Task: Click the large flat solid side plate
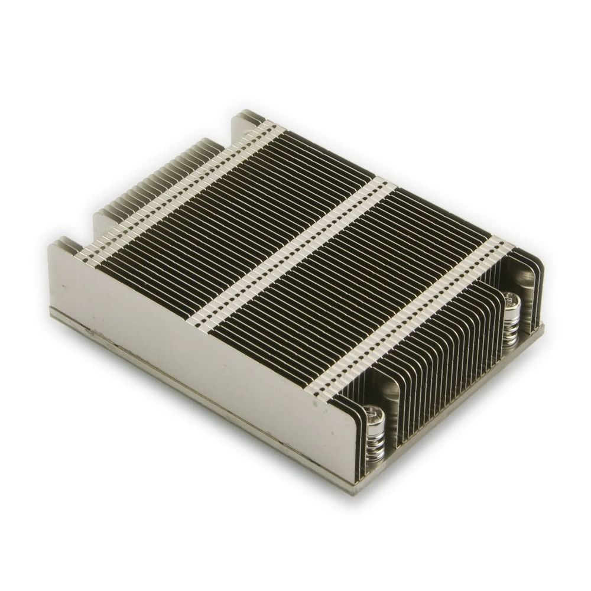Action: [195, 331]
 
